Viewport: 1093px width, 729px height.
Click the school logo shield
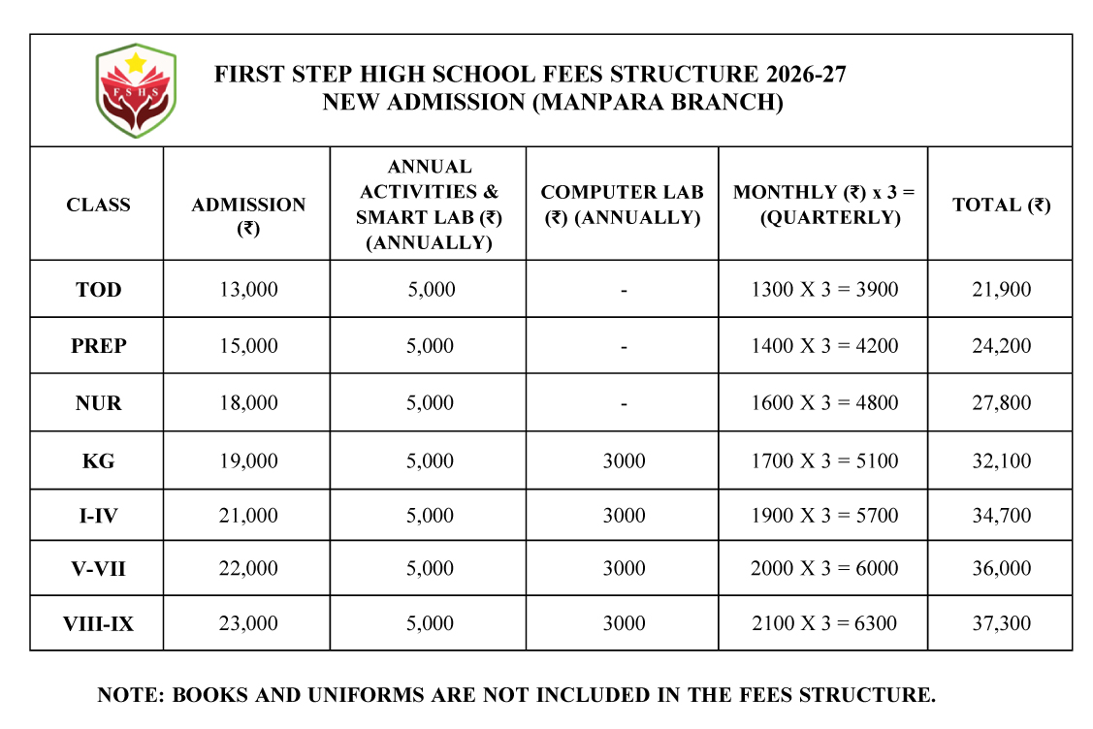pos(136,90)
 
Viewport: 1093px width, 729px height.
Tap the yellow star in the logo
pos(136,63)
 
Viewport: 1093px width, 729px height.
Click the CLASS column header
pos(98,205)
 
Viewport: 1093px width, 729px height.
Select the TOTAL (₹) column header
pos(1001,205)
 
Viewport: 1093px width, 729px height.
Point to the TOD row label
pos(98,289)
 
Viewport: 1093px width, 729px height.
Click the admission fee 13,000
pos(248,289)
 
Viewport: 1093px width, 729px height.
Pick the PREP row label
pos(98,346)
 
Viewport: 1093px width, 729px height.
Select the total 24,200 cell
pos(1001,346)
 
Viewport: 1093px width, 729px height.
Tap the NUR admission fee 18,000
pos(248,403)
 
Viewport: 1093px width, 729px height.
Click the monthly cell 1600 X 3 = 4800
pos(824,403)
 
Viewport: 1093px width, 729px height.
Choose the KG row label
pos(98,460)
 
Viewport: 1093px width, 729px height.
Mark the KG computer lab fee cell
pos(624,460)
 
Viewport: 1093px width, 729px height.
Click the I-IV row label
pos(98,516)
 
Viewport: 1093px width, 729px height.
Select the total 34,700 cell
pos(1001,516)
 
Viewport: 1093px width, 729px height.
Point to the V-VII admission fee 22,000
pos(248,568)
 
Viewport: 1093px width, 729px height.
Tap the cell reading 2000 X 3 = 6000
pos(824,568)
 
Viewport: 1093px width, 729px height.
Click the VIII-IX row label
pos(98,623)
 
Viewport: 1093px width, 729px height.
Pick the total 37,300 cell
pos(1001,623)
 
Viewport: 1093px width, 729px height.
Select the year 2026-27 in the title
pos(804,75)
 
